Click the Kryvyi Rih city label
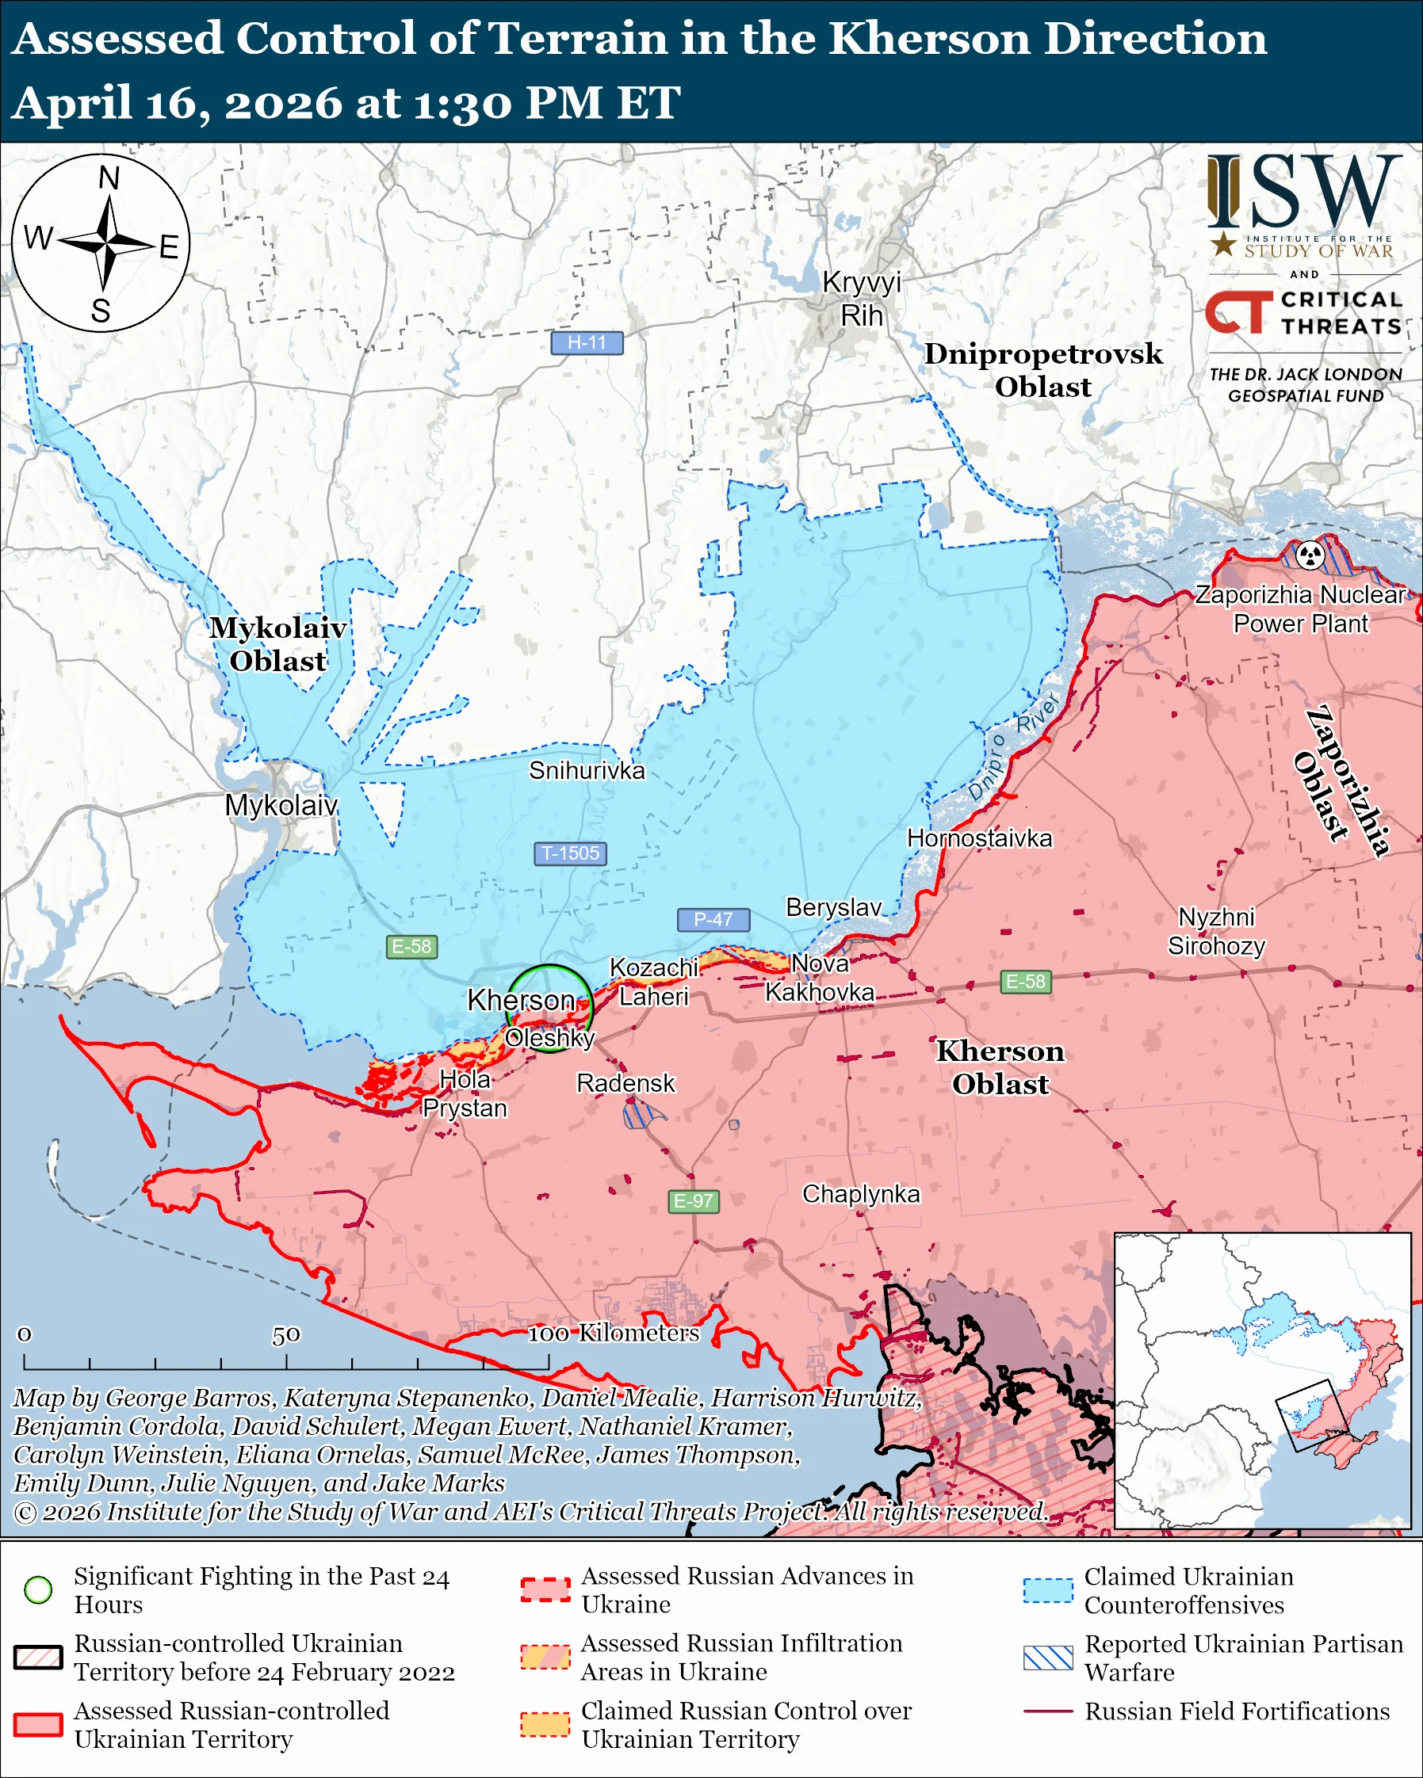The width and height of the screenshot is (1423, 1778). click(861, 299)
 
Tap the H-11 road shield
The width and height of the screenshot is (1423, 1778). click(587, 342)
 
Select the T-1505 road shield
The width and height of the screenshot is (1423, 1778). click(570, 853)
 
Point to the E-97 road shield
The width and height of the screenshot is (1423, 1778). click(693, 1200)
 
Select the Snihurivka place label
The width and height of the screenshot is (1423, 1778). click(587, 770)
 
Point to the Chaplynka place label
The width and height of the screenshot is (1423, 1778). click(860, 1193)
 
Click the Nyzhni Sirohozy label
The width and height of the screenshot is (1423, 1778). click(1216, 931)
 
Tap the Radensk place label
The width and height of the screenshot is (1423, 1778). click(625, 1083)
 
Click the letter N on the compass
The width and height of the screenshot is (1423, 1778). click(109, 178)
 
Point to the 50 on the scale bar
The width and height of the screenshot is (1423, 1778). click(286, 1334)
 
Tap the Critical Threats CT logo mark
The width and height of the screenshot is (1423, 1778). click(1238, 311)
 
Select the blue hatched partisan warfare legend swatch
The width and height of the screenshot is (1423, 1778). click(1048, 1658)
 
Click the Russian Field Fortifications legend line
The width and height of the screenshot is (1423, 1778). click(1048, 1711)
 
